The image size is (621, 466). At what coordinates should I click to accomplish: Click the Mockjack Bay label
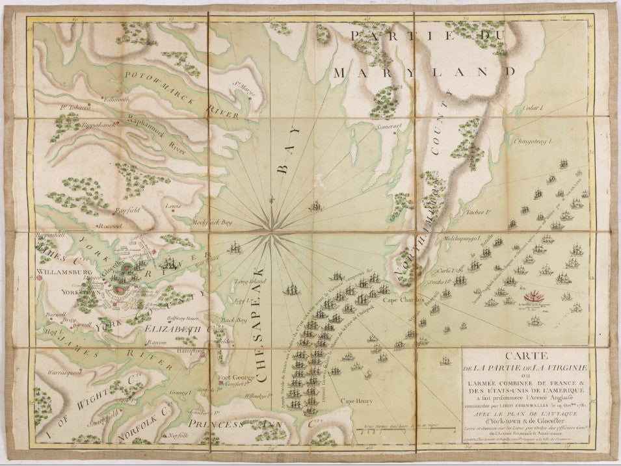213,222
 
